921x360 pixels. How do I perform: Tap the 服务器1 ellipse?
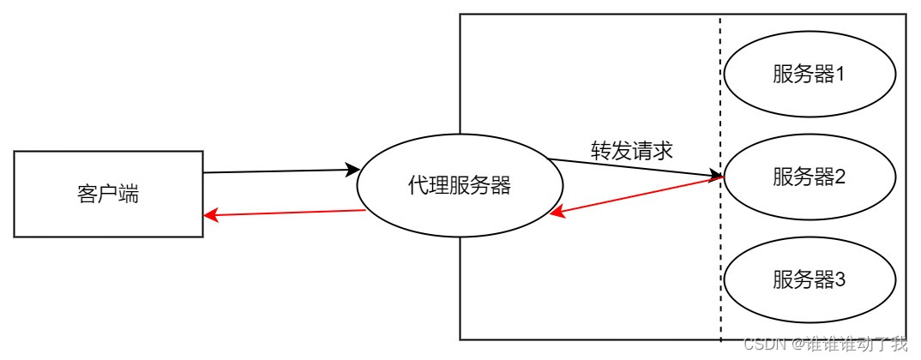809,75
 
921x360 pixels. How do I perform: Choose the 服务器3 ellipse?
810,279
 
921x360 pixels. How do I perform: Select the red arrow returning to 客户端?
283,213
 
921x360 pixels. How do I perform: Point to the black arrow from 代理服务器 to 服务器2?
635,168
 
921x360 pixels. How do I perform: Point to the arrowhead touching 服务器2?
715,177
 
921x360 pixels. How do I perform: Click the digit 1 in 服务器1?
841,75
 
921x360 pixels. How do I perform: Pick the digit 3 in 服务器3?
841,279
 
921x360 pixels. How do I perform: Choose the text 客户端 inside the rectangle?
108,195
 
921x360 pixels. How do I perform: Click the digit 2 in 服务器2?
841,177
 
